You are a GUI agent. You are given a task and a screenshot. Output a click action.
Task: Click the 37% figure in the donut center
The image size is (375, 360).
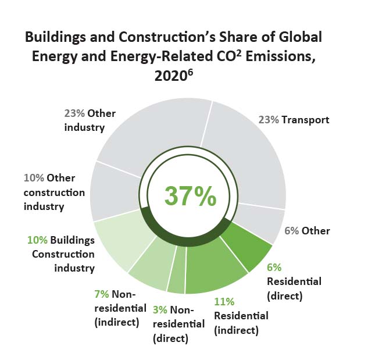pyautogui.click(x=190, y=196)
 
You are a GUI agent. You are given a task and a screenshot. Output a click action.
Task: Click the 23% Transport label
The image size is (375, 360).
pyautogui.click(x=294, y=120)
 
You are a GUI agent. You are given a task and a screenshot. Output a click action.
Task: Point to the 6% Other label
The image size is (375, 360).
pyautogui.click(x=307, y=230)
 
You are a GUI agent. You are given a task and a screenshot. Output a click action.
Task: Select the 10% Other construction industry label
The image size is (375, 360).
pyautogui.click(x=54, y=192)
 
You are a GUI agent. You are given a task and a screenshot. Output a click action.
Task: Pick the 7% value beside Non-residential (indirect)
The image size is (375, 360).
pyautogui.click(x=101, y=294)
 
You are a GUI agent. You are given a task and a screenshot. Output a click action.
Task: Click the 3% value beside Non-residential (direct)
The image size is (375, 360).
pyautogui.click(x=160, y=309)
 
